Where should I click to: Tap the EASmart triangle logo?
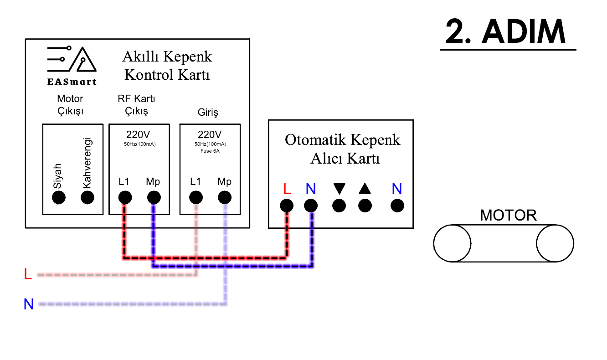click(72, 61)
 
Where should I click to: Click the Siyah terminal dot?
click(59, 197)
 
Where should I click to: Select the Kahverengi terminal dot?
click(87, 197)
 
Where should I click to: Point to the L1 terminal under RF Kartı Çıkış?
click(125, 197)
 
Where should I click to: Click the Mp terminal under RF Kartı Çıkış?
click(154, 197)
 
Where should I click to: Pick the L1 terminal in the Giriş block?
click(196, 197)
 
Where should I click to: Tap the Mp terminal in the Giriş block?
click(224, 197)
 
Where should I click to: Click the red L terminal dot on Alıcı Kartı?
click(286, 206)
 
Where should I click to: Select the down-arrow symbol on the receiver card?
click(339, 189)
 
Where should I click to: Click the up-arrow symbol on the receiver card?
click(365, 189)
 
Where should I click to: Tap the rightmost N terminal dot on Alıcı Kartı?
click(397, 206)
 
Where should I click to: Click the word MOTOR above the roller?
click(508, 215)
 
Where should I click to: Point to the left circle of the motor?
click(452, 243)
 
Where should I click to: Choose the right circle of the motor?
click(555, 243)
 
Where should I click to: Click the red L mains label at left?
click(28, 274)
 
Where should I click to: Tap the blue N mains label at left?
click(29, 304)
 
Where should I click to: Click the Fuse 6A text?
click(210, 150)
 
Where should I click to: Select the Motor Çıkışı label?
click(70, 105)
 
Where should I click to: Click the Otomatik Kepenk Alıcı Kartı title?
click(342, 149)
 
